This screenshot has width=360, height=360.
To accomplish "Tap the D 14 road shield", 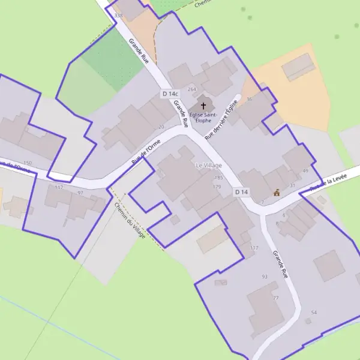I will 241,191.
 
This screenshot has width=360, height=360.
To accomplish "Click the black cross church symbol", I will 203,106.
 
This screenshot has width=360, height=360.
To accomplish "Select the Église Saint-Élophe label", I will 203,117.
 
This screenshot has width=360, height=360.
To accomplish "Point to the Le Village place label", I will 208,165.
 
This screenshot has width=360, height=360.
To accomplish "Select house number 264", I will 192,89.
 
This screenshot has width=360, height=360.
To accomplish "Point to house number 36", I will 250,99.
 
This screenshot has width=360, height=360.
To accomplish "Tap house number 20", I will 161,127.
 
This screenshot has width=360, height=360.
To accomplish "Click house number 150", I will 27,163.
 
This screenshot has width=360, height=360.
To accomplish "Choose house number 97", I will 80,193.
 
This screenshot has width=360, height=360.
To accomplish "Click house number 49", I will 305,171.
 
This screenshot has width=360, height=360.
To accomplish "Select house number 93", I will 265,277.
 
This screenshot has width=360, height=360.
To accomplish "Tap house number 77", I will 276,298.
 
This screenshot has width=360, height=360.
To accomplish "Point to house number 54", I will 314,313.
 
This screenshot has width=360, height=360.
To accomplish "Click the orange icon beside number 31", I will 277,193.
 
